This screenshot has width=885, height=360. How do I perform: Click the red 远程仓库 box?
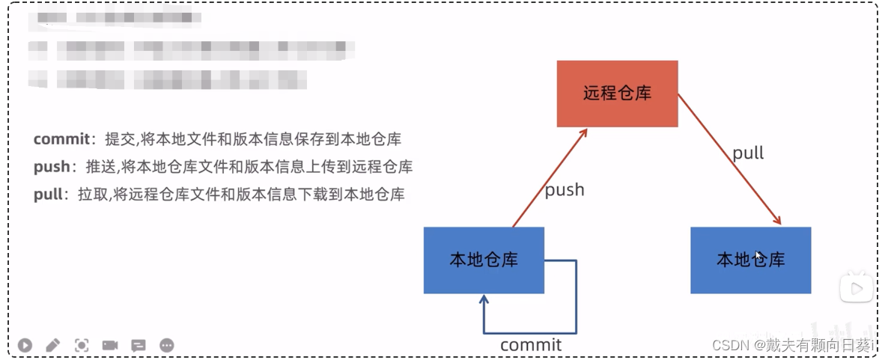pos(617,94)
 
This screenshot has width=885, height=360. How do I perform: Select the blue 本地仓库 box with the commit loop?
pos(484,260)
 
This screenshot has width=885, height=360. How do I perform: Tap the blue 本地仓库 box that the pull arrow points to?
pos(750,260)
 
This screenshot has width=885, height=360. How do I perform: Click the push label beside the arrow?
pos(565,190)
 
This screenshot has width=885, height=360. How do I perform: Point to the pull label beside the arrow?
pos(748,153)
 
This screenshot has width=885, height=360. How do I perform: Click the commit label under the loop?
pos(530,345)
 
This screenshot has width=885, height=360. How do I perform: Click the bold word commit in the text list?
pos(61,139)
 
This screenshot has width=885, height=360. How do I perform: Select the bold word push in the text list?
pos(52,167)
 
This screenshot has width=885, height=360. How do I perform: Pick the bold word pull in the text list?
pos(48,195)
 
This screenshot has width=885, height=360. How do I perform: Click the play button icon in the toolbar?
pos(25,345)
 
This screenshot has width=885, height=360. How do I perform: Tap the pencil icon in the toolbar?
pos(52,345)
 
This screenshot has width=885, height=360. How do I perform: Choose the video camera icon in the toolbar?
pos(110,345)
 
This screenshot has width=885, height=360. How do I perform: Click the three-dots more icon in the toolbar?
pos(167,345)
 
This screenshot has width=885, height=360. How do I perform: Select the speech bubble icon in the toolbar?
pos(139,345)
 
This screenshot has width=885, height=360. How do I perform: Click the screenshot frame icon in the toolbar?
pos(82,345)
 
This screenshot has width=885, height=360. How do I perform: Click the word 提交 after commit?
pos(118,139)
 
